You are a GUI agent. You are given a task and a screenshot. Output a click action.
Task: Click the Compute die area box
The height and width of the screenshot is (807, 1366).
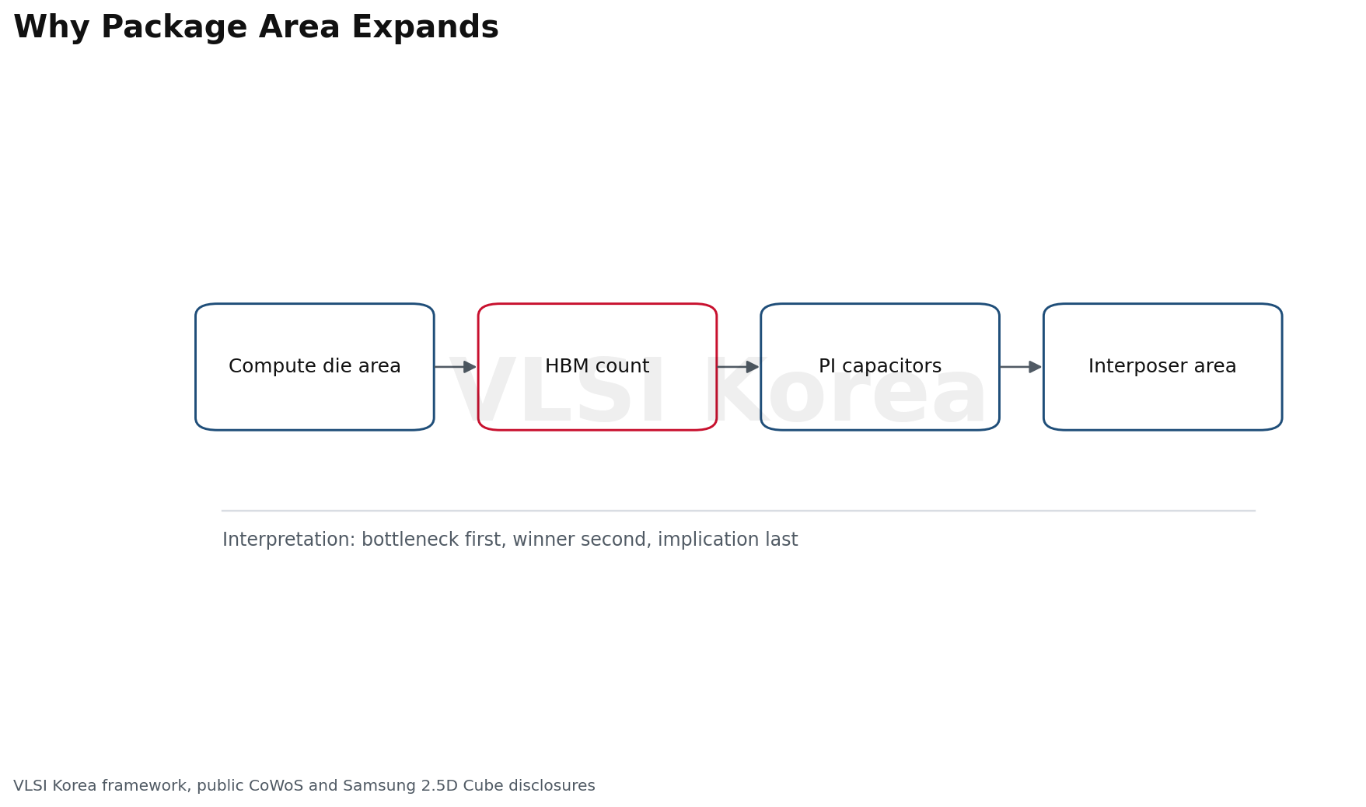(315, 367)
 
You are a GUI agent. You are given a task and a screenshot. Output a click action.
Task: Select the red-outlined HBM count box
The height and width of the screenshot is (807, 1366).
(597, 367)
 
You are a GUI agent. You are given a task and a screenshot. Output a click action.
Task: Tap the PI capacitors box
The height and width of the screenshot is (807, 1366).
(880, 367)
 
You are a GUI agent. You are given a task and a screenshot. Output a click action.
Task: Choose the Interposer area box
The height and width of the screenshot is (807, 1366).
(1162, 367)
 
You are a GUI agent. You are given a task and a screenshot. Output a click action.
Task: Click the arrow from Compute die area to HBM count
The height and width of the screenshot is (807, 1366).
(456, 367)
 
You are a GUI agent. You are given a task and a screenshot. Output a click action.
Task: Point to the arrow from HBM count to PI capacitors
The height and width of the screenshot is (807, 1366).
(738, 367)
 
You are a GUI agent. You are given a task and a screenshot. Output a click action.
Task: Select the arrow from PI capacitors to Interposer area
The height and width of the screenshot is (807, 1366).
(1021, 367)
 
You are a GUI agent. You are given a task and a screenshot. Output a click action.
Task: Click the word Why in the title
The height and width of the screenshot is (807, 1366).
(52, 29)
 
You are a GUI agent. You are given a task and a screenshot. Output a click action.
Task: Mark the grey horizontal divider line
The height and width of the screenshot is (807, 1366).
(739, 511)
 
